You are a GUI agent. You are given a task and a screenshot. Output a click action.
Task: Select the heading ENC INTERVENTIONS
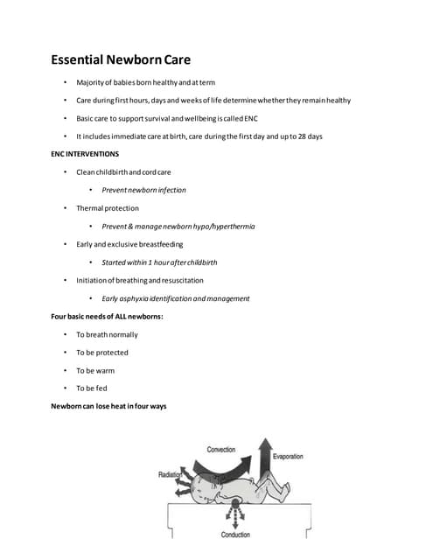click(85, 154)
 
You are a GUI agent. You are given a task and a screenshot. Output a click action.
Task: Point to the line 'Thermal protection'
click(107, 208)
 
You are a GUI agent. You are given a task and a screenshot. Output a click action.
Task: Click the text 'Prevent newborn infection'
click(143, 190)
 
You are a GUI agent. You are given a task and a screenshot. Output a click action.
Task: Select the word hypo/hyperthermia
click(223, 227)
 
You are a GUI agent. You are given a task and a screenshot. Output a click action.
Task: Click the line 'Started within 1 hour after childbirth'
click(159, 262)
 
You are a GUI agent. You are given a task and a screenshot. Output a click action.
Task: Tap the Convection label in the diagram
click(220, 450)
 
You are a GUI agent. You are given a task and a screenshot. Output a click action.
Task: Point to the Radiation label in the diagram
click(170, 474)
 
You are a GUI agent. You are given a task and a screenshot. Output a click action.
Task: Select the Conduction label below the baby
click(235, 535)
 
